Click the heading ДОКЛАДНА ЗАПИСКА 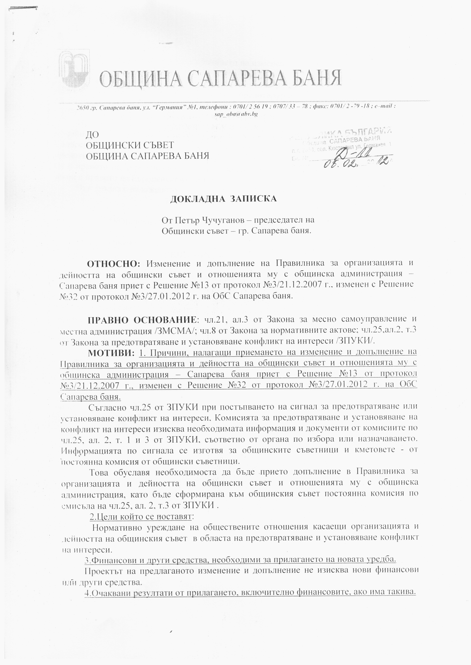223,199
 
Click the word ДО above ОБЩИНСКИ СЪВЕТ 92,135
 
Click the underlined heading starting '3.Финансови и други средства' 240,560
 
